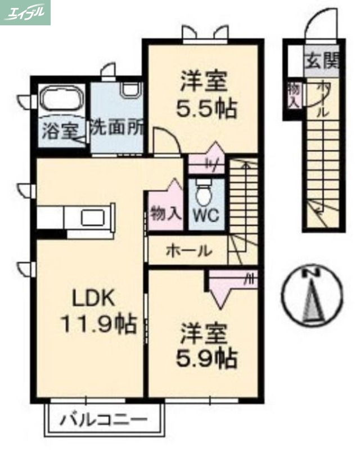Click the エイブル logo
[25, 12]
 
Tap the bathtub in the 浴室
[62, 102]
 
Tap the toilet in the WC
[203, 193]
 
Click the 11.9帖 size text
[99, 323]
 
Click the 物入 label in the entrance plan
[293, 94]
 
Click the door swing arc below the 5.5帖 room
[167, 139]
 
